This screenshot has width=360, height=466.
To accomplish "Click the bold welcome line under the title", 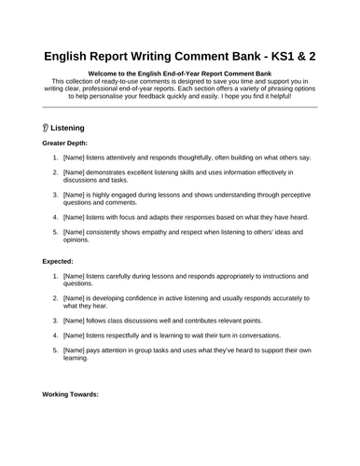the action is [180, 75].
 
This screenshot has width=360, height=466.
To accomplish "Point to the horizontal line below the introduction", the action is [180, 107].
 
